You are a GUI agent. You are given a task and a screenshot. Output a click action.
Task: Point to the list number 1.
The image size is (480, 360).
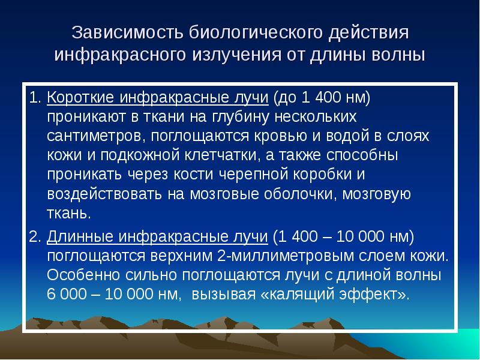(35, 97)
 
